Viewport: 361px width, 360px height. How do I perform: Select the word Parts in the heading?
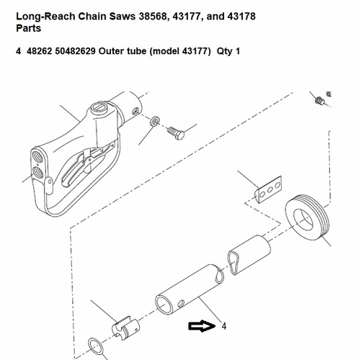(28, 28)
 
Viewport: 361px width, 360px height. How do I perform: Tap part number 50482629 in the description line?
(75, 51)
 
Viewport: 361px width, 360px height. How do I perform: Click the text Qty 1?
(228, 51)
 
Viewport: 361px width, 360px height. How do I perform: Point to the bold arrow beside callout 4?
(202, 326)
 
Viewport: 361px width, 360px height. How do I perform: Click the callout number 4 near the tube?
(224, 326)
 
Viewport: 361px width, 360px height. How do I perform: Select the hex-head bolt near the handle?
(176, 133)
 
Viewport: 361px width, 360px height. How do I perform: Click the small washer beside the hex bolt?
(155, 121)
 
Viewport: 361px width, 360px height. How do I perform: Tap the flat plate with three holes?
(268, 190)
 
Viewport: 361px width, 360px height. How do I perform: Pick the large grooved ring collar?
(307, 217)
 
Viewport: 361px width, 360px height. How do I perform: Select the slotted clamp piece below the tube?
(125, 328)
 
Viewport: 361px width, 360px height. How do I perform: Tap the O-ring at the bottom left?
(96, 347)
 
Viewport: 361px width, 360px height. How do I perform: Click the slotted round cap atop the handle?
(99, 108)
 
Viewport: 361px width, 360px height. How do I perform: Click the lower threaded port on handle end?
(38, 173)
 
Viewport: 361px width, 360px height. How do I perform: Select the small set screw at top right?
(320, 100)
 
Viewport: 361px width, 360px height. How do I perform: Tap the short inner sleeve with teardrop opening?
(249, 255)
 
